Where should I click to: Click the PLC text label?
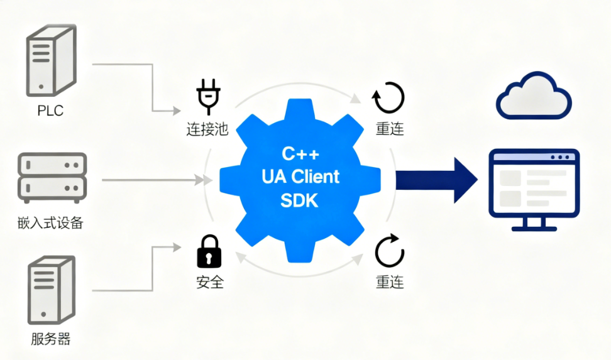(x=50, y=111)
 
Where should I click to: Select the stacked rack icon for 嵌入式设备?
(x=51, y=178)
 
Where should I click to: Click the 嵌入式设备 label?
(x=51, y=222)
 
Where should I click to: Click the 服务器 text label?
(x=51, y=339)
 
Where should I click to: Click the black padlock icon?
(x=209, y=252)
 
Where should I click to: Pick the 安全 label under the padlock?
(x=209, y=282)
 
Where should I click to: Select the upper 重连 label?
(x=390, y=129)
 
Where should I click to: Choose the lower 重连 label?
(x=390, y=282)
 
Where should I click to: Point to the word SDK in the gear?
(x=300, y=200)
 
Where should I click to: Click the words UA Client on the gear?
(x=300, y=177)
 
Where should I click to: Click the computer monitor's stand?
(x=534, y=224)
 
